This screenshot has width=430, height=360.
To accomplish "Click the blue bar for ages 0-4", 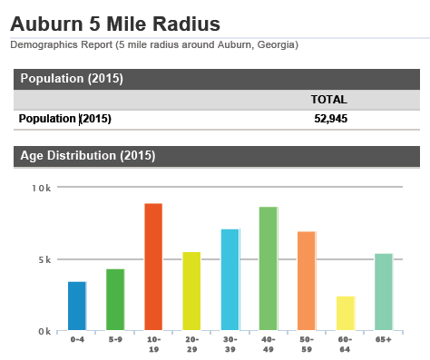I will (x=77, y=306).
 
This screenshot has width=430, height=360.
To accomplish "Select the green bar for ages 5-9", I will (x=115, y=300).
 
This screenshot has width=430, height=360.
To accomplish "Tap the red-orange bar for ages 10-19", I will (x=153, y=268).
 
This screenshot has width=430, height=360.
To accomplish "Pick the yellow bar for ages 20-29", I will (x=191, y=291).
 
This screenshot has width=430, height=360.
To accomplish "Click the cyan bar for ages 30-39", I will (x=230, y=280).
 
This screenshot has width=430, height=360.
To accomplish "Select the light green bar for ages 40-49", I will (x=269, y=269).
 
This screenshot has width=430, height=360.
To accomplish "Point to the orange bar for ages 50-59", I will (x=307, y=281).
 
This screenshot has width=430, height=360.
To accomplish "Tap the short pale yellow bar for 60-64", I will (x=345, y=313).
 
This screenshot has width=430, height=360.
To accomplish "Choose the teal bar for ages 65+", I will (x=384, y=292).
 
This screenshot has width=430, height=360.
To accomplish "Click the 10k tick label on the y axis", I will (x=42, y=188).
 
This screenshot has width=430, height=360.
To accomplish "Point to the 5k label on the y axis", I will (x=44, y=259).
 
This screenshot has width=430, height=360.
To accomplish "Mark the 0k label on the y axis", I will (x=44, y=331).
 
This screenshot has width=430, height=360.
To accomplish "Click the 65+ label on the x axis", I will (x=384, y=339).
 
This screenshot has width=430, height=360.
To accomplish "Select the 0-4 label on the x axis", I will (x=77, y=339).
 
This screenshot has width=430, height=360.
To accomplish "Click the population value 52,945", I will (x=329, y=119).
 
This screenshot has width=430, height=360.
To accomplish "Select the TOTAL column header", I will (x=329, y=100).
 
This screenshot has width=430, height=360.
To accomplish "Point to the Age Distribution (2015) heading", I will (x=88, y=156).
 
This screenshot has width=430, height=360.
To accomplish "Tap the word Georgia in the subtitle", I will (x=274, y=44).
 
